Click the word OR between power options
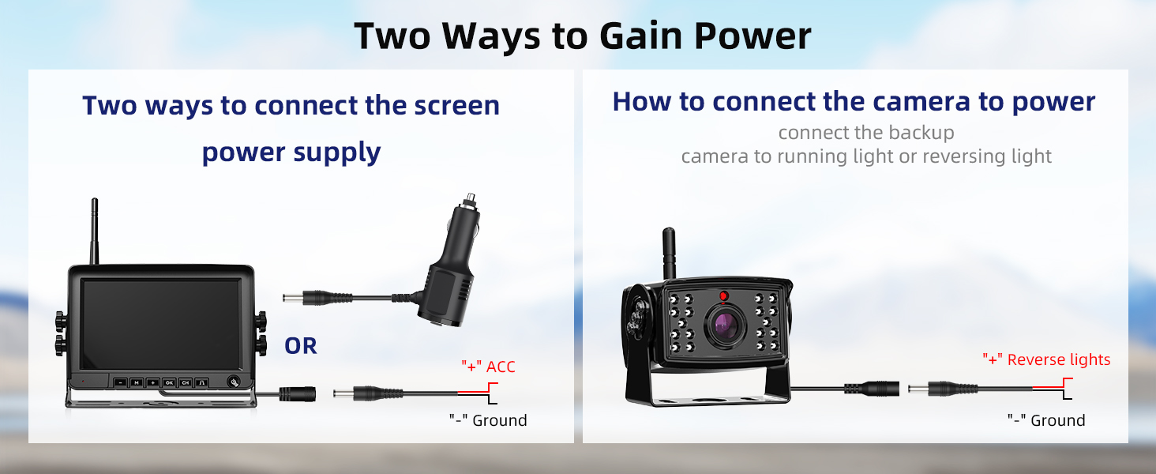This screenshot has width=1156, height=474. tap(300, 346)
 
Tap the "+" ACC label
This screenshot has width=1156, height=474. tap(488, 367)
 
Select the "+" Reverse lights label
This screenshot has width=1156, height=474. tap(1046, 359)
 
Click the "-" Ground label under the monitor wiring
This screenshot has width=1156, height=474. tap(488, 420)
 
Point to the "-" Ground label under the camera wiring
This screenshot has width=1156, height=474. tap(1046, 420)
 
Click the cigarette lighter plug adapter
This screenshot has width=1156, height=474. tap(450, 263)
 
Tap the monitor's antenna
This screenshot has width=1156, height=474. tap(95, 231)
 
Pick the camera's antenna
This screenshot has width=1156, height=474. tap(669, 253)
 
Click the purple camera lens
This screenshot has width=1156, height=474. tap(726, 325)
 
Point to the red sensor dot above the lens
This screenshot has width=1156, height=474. tap(723, 296)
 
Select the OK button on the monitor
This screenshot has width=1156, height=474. tap(169, 382)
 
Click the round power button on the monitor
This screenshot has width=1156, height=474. tap(234, 382)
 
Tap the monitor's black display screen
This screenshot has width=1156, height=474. tap(160, 324)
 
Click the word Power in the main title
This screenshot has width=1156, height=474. tap(753, 36)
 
